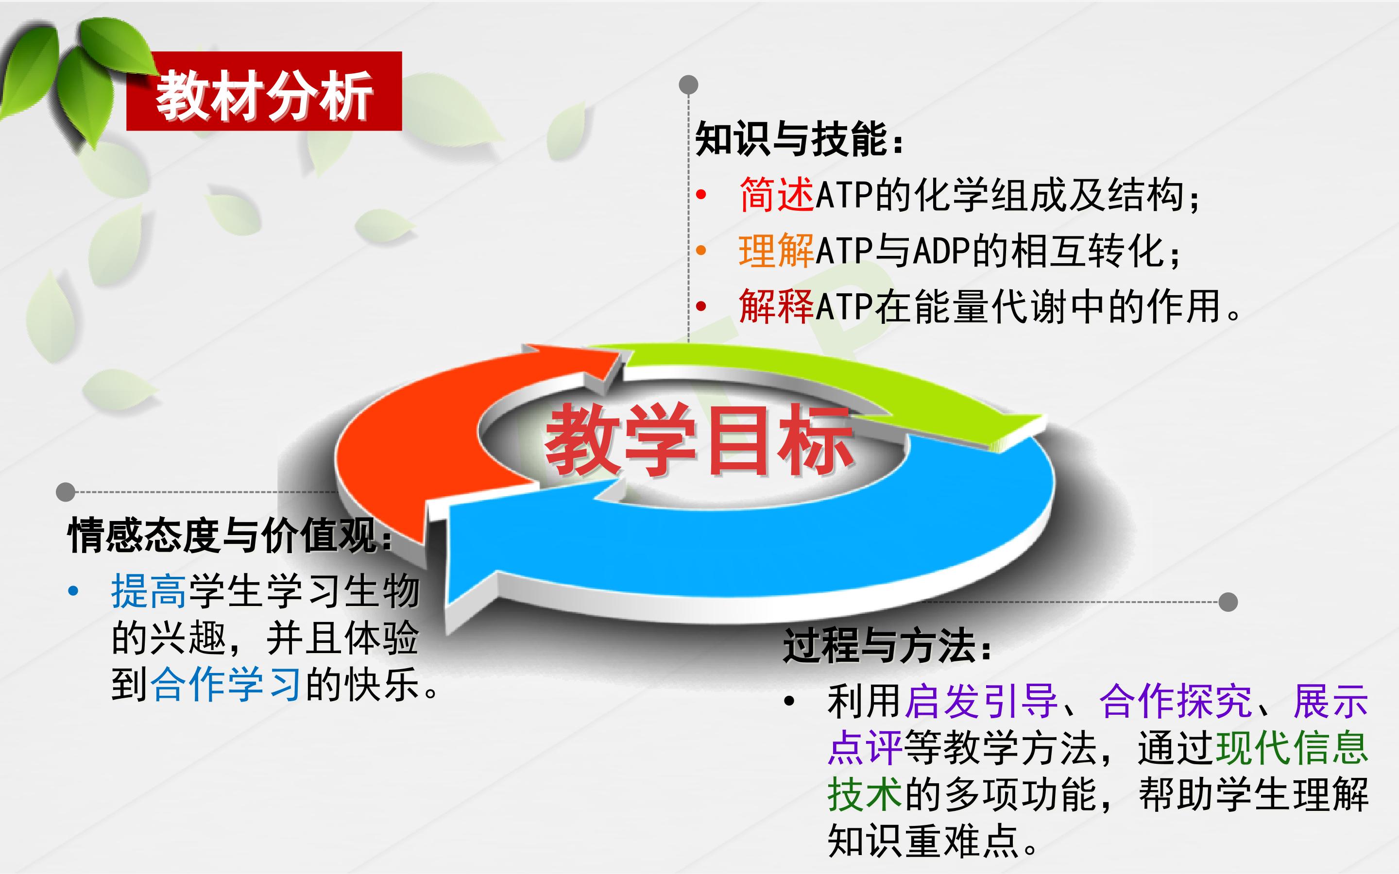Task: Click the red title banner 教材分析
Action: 264,91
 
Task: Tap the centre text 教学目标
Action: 699,440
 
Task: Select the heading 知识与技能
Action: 799,139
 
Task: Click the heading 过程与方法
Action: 886,646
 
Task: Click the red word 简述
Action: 776,195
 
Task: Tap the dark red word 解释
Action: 776,306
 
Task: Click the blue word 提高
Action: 149,591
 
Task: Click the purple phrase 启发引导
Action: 981,701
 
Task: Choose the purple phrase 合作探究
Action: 1175,701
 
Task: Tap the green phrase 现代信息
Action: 1293,747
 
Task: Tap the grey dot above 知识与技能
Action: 688,85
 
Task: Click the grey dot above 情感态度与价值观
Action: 65,492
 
